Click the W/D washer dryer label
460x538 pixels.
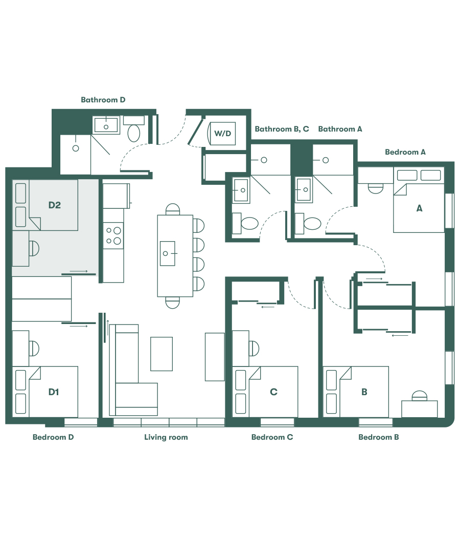pos(222,134)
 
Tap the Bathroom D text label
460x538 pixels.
pos(103,100)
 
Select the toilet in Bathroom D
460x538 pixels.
pos(134,133)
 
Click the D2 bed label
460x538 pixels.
pos(55,205)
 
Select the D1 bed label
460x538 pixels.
pos(54,392)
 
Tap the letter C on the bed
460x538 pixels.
pos(273,392)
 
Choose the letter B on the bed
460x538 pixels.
pos(364,392)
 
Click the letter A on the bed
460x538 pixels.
pos(420,208)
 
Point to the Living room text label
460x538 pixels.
pos(166,437)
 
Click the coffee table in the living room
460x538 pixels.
pos(161,353)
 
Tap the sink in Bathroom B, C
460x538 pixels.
pos(240,190)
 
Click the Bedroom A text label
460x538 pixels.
pos(405,152)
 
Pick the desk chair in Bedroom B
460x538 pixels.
pos(419,396)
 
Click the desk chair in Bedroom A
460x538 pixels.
pos(375,188)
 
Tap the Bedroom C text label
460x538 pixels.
pos(272,437)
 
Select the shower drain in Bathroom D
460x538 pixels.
pos(76,148)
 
